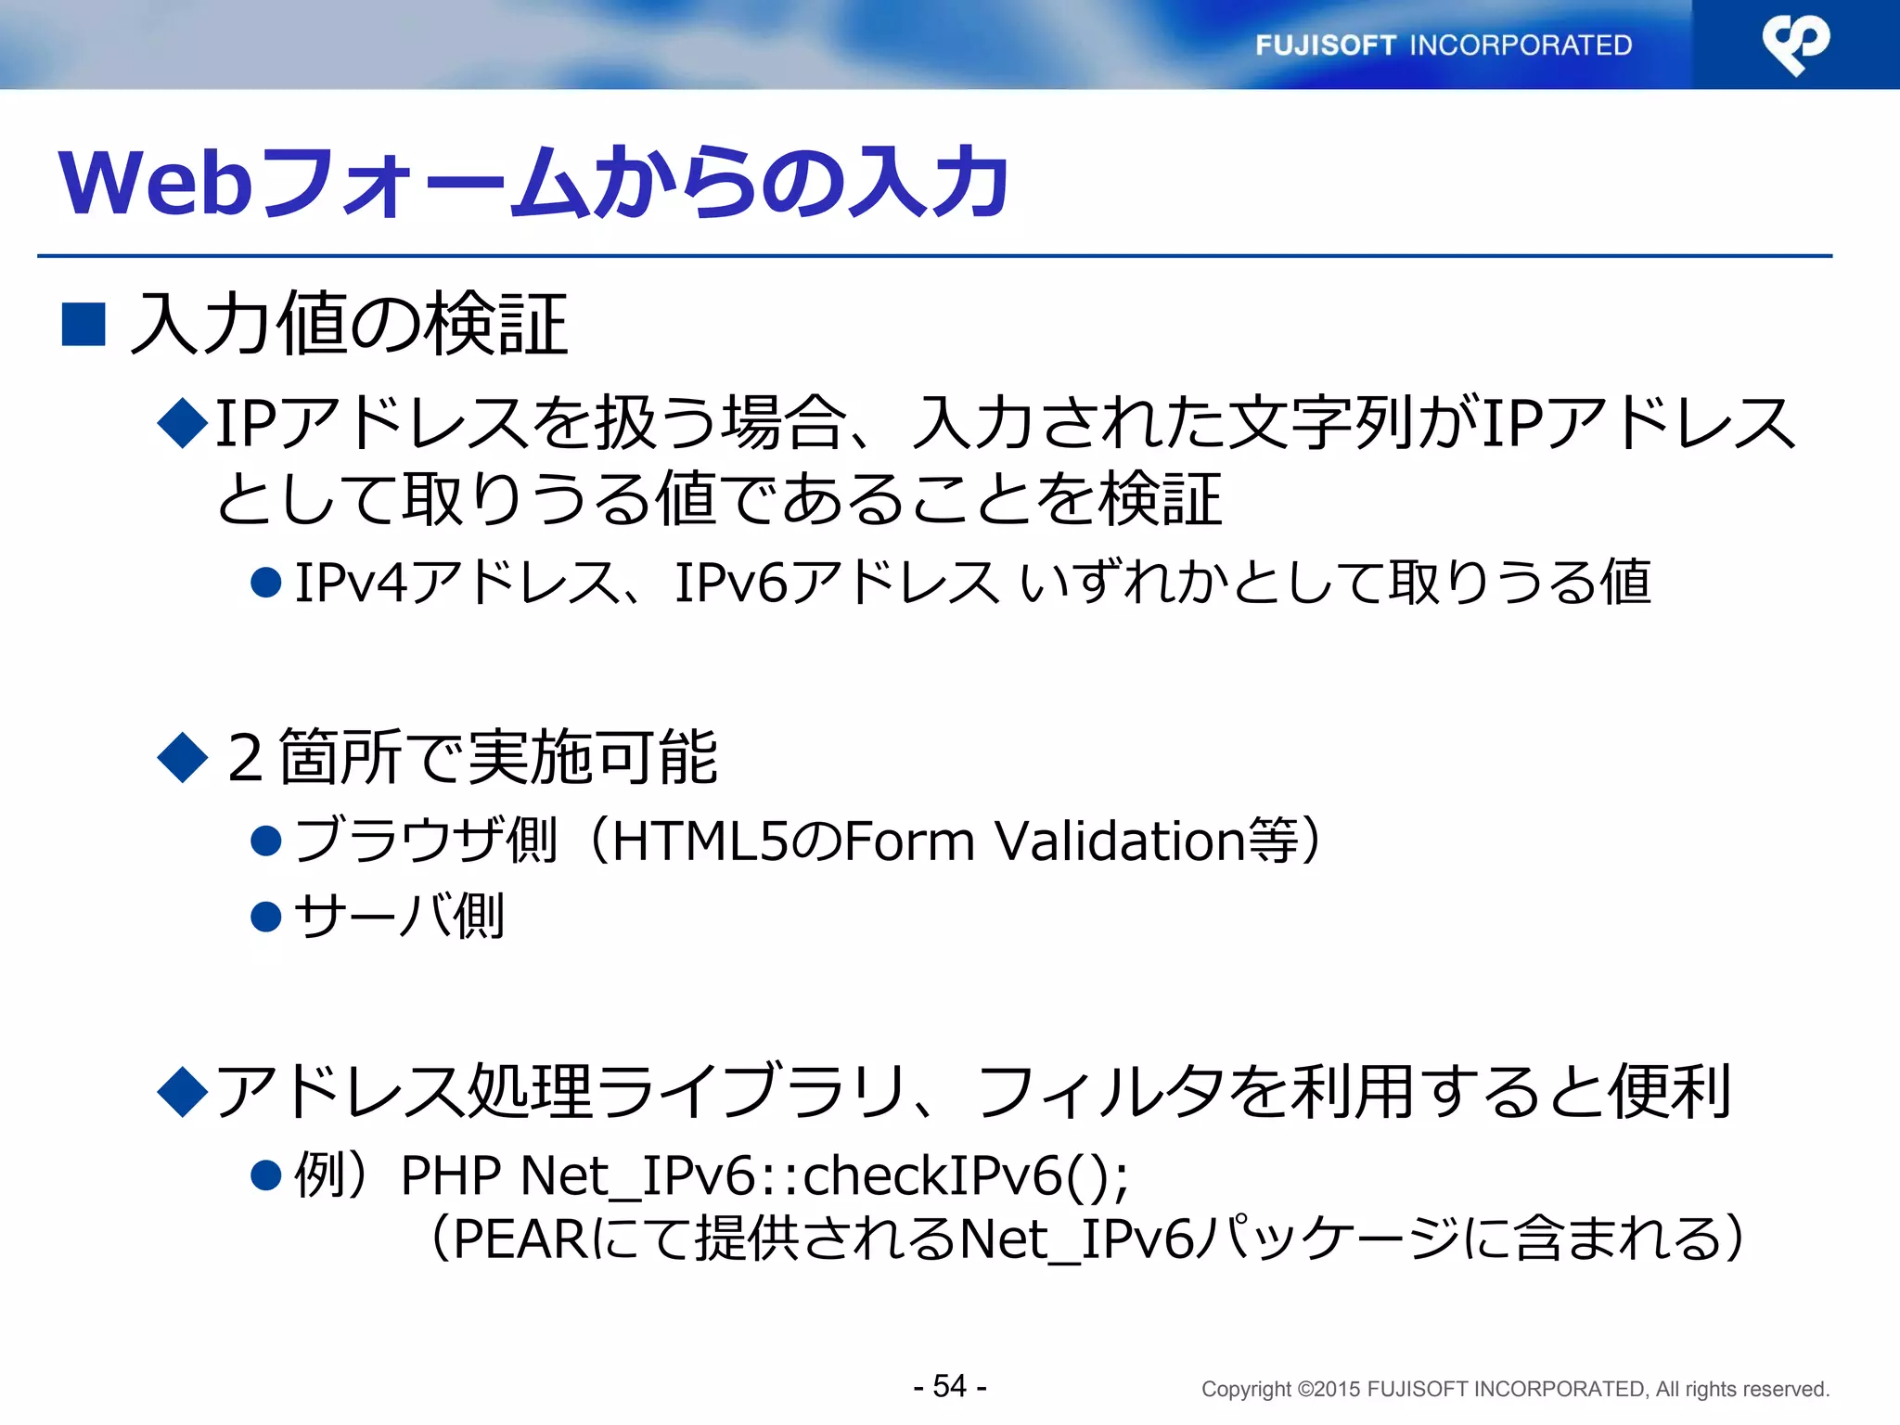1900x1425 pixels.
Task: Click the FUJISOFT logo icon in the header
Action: [x=1795, y=44]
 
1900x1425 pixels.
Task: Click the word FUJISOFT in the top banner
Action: [x=1325, y=45]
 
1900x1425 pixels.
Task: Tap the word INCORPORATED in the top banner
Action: [x=1521, y=45]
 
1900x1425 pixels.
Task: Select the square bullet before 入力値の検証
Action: [x=83, y=325]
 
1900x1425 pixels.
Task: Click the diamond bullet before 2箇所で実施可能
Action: [x=183, y=757]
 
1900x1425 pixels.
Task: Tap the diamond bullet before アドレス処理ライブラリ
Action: [x=183, y=1091]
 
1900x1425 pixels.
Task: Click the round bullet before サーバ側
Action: [x=266, y=917]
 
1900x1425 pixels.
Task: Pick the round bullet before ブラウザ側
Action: [x=266, y=841]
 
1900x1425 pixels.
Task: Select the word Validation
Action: [x=1120, y=841]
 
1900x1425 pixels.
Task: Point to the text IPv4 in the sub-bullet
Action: [x=352, y=584]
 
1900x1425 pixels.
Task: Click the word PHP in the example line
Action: [x=450, y=1175]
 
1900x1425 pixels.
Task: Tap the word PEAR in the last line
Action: [x=520, y=1239]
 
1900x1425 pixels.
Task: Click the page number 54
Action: [x=949, y=1386]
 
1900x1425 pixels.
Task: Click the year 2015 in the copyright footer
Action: [x=1338, y=1390]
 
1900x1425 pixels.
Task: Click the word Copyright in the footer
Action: [x=1246, y=1390]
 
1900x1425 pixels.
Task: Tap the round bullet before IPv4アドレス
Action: [x=266, y=584]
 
